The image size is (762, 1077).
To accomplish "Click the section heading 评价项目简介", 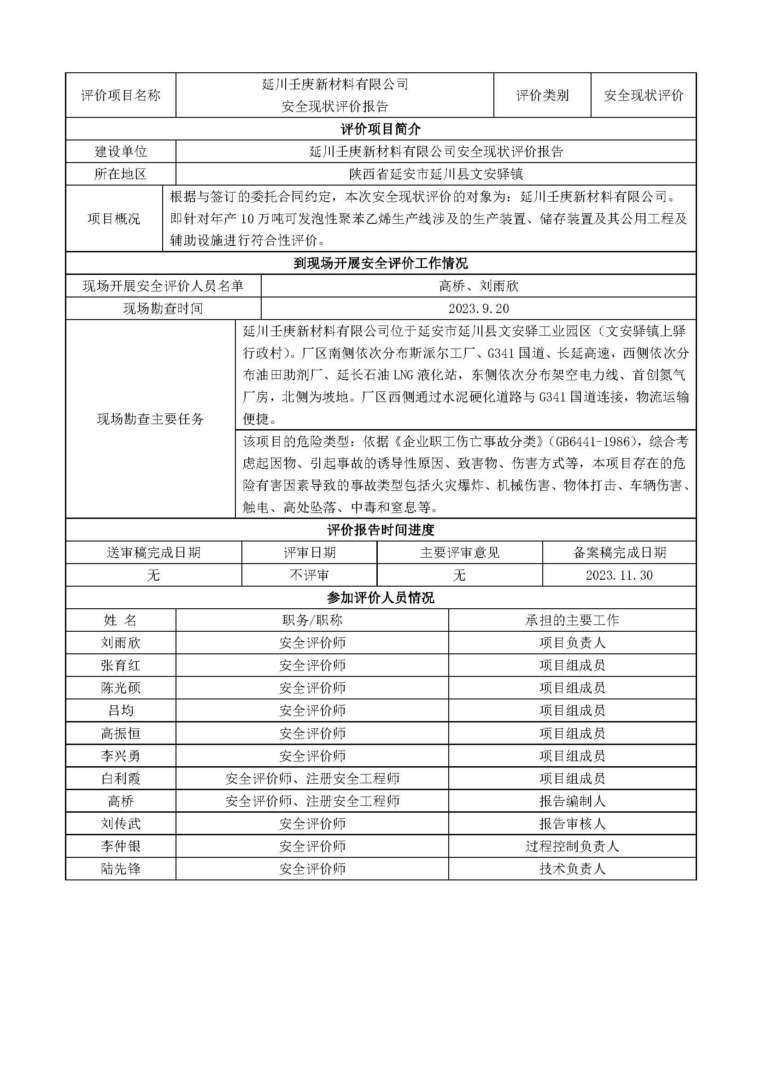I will pos(381,129).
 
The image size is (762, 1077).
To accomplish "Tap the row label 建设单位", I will pos(121,151).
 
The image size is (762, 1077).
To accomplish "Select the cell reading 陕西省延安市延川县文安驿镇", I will pos(435,174).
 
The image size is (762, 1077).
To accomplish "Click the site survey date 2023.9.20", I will pos(478,309).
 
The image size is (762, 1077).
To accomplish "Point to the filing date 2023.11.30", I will pos(619,575).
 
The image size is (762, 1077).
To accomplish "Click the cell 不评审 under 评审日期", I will pos(309,575).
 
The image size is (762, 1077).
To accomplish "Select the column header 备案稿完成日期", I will pos(619,553).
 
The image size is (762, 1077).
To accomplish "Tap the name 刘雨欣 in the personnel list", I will pos(121,643).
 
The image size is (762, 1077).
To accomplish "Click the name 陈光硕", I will pos(121,687).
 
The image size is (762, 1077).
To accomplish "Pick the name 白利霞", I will pos(121,779).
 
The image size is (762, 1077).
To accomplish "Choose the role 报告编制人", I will pos(572,801).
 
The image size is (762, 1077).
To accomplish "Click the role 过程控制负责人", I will pos(572,846).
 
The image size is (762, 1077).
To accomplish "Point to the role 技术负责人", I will pos(572,869).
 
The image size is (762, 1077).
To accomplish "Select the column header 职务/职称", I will pos(312,620).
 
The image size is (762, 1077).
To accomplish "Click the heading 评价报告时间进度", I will pos(381,530).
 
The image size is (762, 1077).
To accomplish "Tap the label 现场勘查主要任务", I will pos(150,419).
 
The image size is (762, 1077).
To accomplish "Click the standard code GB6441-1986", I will pos(592,442).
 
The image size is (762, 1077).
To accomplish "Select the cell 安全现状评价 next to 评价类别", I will pos(643,95).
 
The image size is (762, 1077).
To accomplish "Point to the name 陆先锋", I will pos(121,869).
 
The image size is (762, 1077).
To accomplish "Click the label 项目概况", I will pos(113,219).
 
